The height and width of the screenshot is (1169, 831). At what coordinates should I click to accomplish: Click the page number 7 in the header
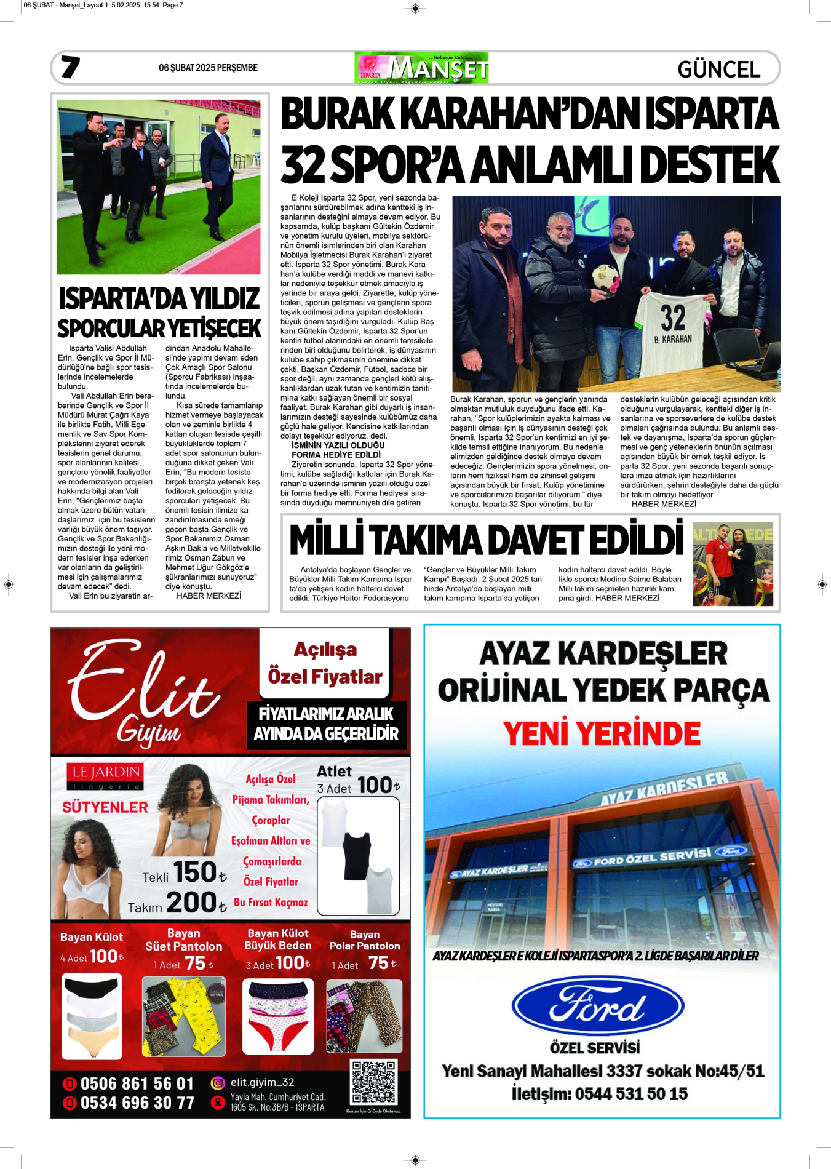pyautogui.click(x=70, y=67)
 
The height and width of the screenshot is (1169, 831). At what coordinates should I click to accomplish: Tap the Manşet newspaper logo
pyautogui.click(x=421, y=68)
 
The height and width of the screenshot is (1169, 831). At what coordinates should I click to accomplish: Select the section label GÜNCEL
pyautogui.click(x=718, y=69)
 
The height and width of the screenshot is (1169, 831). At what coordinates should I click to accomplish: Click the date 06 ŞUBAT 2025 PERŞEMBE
pyautogui.click(x=208, y=68)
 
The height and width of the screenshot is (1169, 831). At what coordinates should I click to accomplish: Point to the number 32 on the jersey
pyautogui.click(x=673, y=317)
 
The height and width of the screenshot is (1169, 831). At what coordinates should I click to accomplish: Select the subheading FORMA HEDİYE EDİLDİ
pyautogui.click(x=336, y=455)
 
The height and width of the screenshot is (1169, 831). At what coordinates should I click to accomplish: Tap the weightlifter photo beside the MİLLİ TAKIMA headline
pyautogui.click(x=733, y=564)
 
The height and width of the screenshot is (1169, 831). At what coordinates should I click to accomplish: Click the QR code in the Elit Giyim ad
pyautogui.click(x=373, y=1082)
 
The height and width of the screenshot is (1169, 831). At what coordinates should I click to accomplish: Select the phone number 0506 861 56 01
pyautogui.click(x=137, y=1083)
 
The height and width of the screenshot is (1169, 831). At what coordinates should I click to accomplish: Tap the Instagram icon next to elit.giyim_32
pyautogui.click(x=218, y=1082)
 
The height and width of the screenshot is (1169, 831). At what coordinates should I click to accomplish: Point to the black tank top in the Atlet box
pyautogui.click(x=357, y=855)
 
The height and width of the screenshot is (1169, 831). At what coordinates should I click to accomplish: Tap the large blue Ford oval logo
pyautogui.click(x=597, y=1007)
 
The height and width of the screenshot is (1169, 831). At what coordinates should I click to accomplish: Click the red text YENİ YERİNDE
pyautogui.click(x=602, y=733)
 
